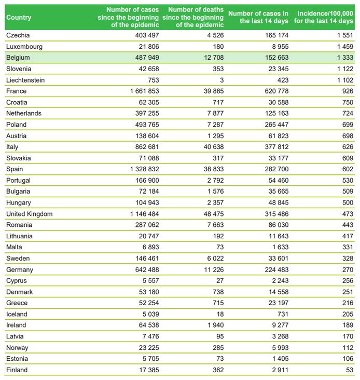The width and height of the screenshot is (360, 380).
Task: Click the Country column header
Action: point(19,18)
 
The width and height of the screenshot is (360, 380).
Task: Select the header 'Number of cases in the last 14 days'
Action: point(258,17)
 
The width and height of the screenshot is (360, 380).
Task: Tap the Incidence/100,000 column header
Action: point(324,17)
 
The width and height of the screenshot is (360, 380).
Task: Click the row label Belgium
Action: point(18,58)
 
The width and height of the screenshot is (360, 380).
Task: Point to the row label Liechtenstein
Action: point(25,80)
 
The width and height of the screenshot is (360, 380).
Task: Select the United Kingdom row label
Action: point(29,214)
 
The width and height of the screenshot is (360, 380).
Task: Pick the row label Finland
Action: point(17,370)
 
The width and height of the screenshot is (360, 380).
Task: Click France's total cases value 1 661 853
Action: point(145,91)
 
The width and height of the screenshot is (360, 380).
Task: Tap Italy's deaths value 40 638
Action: point(214,147)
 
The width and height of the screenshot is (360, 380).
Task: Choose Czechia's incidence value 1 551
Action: point(345,35)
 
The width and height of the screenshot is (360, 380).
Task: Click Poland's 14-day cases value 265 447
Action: point(276,125)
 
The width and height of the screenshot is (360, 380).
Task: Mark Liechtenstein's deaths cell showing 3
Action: point(222,80)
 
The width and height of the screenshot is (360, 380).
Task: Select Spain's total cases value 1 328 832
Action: point(145,169)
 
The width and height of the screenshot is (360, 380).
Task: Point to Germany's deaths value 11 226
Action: point(214,270)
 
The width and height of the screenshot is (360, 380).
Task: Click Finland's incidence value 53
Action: point(350,370)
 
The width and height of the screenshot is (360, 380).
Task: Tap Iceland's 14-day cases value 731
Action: point(283,314)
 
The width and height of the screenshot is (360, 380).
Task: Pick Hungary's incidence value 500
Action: point(348,202)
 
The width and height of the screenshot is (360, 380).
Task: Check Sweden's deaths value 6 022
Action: point(215,259)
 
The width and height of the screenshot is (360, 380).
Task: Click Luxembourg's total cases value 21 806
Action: point(149,47)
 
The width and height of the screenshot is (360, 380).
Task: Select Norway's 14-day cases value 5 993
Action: point(280,348)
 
